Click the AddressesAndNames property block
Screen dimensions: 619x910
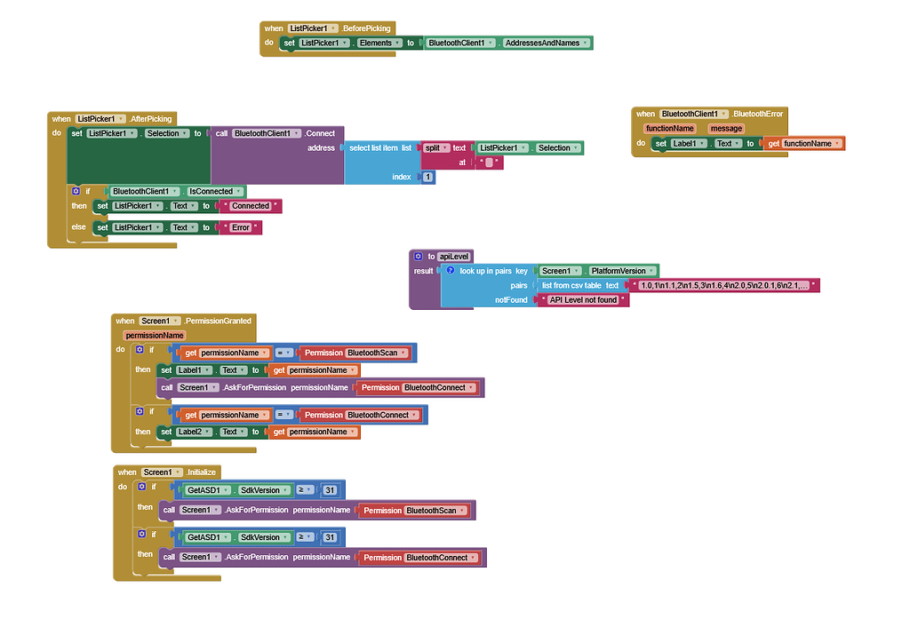(541, 43)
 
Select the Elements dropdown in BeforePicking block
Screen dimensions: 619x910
(378, 43)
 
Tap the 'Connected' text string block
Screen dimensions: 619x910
(251, 206)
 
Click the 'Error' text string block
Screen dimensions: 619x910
(241, 227)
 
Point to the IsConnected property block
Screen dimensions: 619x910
(211, 191)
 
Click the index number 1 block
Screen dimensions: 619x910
(428, 178)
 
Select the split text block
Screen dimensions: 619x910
(433, 148)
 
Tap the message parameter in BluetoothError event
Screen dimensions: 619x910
(725, 129)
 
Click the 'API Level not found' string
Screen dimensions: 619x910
(583, 300)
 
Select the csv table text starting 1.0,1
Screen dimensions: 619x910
(723, 286)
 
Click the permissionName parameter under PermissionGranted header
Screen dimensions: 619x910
(156, 335)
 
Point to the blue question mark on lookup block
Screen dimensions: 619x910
(451, 271)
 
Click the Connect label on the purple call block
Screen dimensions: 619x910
(319, 133)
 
